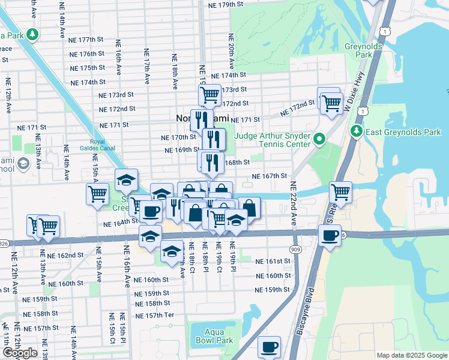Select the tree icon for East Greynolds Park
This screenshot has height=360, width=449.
[357, 131]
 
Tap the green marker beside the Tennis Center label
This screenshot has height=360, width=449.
[319, 140]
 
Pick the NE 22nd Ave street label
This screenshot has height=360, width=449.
[294, 203]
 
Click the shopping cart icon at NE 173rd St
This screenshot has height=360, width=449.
[209, 94]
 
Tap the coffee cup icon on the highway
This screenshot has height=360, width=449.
[329, 235]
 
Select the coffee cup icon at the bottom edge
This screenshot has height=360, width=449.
[270, 346]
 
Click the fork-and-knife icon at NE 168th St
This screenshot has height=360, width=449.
[211, 161]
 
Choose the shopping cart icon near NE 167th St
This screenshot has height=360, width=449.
[340, 192]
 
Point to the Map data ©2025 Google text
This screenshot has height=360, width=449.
[411, 355]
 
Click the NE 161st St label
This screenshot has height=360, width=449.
[273, 262]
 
